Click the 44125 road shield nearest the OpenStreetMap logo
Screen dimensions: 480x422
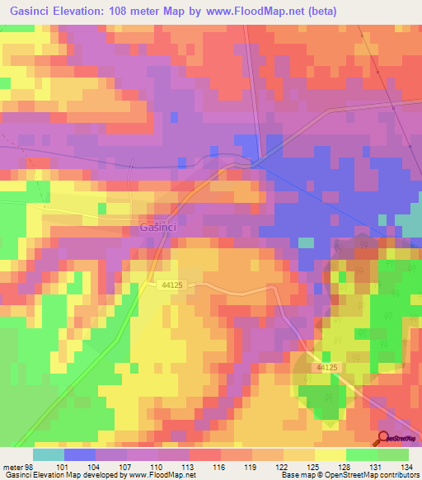click(328, 365)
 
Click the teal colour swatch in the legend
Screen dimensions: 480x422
click(49, 454)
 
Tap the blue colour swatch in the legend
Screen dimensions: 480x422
click(80, 454)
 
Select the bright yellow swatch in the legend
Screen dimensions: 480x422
click(329, 454)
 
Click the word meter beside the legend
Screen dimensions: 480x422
click(10, 466)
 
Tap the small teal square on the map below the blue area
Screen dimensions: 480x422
click(306, 242)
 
